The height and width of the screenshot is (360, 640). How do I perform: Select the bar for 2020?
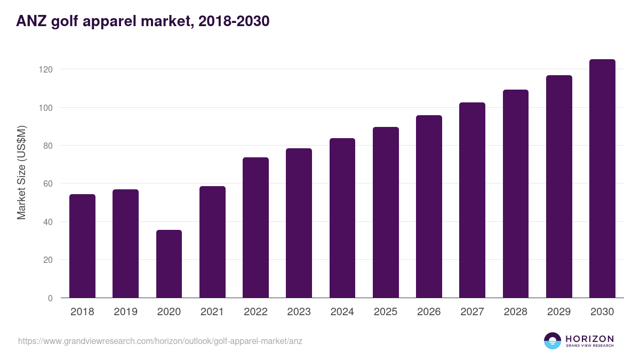pyautogui.click(x=169, y=264)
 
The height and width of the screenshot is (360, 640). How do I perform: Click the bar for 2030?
pyautogui.click(x=602, y=179)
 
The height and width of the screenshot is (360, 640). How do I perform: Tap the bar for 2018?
pyautogui.click(x=82, y=246)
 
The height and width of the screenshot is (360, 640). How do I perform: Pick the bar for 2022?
pyautogui.click(x=255, y=228)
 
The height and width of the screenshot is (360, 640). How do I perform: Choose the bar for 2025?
pyautogui.click(x=386, y=212)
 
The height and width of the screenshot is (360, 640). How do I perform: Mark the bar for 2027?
pyautogui.click(x=472, y=200)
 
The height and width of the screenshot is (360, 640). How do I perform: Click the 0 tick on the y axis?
pyautogui.click(x=50, y=298)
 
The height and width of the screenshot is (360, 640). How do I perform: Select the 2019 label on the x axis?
pyautogui.click(x=125, y=312)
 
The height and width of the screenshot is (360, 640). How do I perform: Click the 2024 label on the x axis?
pyautogui.click(x=342, y=312)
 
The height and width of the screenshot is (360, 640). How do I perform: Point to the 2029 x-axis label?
pyautogui.click(x=559, y=312)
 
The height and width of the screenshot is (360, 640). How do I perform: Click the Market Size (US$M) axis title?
pyautogui.click(x=21, y=172)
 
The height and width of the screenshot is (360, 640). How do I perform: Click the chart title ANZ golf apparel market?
pyautogui.click(x=143, y=21)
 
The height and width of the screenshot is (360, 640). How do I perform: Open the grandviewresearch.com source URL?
pyautogui.click(x=160, y=341)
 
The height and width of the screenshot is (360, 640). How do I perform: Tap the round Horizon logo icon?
pyautogui.click(x=553, y=341)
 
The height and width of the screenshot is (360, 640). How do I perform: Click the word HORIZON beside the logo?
pyautogui.click(x=589, y=339)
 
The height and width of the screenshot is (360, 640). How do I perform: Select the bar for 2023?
pyautogui.click(x=299, y=223)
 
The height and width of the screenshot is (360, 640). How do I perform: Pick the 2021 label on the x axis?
pyautogui.click(x=212, y=312)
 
